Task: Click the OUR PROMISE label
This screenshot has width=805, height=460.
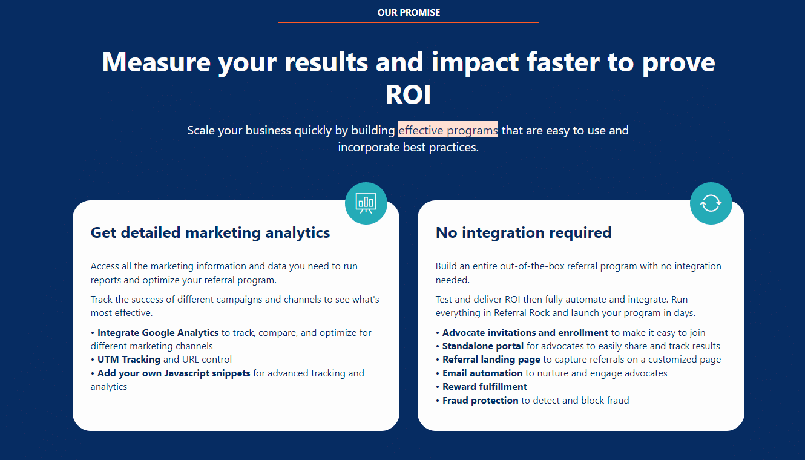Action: coord(409,13)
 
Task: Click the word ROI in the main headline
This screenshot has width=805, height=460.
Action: coord(408,94)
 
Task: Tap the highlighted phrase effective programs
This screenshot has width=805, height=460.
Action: coord(448,130)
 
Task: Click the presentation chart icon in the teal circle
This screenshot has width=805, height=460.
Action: coord(366,203)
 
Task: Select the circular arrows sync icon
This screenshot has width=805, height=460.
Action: coord(711,203)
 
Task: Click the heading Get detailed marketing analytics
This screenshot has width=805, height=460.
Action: coord(210,232)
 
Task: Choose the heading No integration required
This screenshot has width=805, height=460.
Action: coord(524,232)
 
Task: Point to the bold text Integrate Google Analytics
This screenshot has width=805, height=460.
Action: coord(158,332)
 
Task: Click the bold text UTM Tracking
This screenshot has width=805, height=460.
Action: coord(129,359)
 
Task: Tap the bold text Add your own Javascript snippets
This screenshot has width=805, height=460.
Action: coord(174,373)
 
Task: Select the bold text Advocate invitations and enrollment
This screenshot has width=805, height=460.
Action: coord(525,332)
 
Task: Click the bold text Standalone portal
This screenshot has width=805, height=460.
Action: coord(482,346)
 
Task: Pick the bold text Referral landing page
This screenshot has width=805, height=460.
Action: coord(491,360)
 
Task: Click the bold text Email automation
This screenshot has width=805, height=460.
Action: coord(482,373)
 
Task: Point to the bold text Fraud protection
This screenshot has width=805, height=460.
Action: coord(480,400)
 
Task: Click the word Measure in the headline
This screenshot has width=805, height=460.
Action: coord(156,62)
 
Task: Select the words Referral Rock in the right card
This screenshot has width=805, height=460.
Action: coord(522,313)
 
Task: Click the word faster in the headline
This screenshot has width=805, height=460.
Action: coord(563,62)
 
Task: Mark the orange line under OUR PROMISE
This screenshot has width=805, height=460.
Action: coord(408,22)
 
